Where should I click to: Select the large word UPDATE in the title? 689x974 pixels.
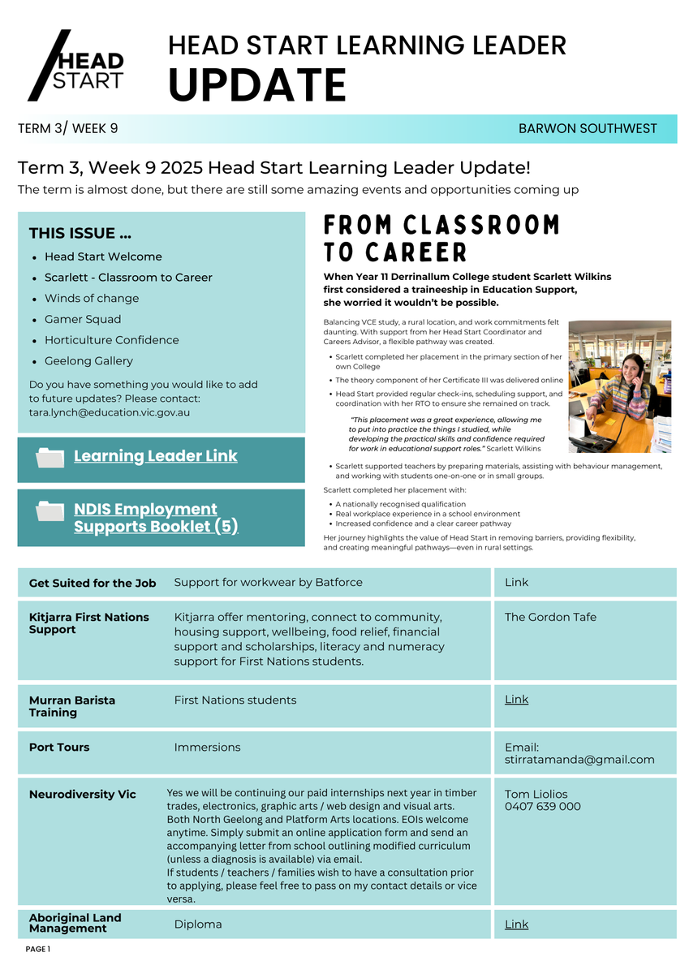[x=257, y=85]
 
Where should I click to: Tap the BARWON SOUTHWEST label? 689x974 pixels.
[x=588, y=128]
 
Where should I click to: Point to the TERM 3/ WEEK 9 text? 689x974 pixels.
[x=68, y=128]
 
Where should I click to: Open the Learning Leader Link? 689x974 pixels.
[x=156, y=456]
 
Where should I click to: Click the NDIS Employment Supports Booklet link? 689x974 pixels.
[x=156, y=518]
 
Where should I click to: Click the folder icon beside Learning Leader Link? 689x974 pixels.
[x=50, y=458]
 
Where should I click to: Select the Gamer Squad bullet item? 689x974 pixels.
[x=83, y=319]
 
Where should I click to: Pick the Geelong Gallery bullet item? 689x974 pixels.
[x=88, y=361]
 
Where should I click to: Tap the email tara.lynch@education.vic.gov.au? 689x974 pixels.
[x=110, y=412]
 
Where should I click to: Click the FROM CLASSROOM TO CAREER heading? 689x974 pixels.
[x=441, y=238]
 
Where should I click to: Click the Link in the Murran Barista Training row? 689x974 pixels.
[x=516, y=700]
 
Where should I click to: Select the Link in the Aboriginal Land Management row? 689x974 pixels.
[x=516, y=924]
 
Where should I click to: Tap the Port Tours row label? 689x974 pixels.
[x=59, y=747]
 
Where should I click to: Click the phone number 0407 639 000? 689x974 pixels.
[x=542, y=807]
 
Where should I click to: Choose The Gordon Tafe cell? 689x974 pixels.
[x=550, y=617]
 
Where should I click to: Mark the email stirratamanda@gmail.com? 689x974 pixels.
[x=579, y=760]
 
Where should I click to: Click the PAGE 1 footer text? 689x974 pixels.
[x=38, y=949]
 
